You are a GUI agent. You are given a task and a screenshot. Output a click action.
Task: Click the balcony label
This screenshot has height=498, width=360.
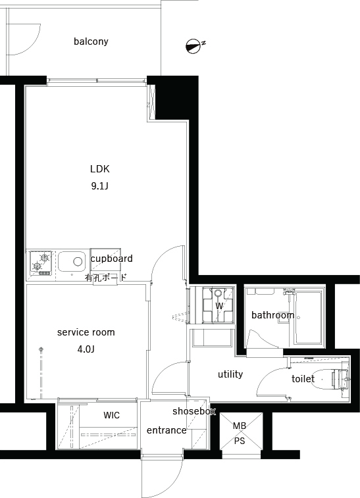tap(91, 41)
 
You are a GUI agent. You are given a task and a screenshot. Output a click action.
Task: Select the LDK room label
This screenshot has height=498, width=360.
tap(100, 168)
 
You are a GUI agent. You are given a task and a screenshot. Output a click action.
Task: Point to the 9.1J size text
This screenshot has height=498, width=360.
tap(100, 186)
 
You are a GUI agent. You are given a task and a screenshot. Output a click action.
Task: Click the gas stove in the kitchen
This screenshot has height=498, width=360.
tap(41, 263)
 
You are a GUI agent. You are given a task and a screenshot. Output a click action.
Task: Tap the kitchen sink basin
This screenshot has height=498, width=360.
tap(72, 262)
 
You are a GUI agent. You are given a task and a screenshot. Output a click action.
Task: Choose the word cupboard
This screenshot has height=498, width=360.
tap(111, 259)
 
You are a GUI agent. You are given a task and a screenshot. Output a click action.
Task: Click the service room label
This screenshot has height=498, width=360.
tap(86, 332)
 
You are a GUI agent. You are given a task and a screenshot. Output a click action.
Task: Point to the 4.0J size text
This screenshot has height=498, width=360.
tap(86, 349)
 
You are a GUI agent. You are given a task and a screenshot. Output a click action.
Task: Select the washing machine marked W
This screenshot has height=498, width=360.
tap(219, 305)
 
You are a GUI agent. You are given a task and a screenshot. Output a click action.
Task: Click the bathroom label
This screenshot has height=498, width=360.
tap(272, 315)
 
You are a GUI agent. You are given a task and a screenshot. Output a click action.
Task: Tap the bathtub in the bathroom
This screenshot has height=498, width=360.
tap(308, 318)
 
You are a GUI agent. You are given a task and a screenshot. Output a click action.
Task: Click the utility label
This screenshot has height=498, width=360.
tap(230, 374)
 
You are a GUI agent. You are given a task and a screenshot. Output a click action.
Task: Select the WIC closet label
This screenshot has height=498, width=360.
tap(111, 415)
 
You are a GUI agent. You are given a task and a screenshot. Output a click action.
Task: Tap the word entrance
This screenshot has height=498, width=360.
tap(167, 430)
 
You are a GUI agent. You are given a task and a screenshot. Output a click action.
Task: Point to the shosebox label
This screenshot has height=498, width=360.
tap(194, 411)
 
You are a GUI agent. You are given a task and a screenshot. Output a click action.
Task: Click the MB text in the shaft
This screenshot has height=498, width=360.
tap(240, 426)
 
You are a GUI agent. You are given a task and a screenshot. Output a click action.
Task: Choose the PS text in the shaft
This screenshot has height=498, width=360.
tap(240, 441)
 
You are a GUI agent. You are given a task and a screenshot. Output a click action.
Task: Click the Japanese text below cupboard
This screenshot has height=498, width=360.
tap(105, 278)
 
